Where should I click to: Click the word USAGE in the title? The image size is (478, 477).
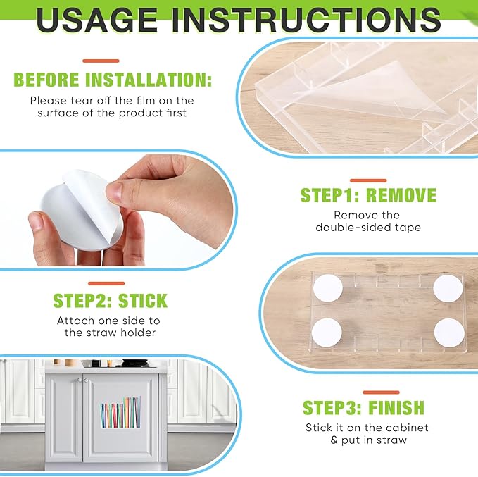pos(96,20)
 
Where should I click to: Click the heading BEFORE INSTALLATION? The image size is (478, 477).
pos(113,80)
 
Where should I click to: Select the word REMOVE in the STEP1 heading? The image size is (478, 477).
pos(401,195)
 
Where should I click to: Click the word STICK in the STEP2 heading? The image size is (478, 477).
pos(143,301)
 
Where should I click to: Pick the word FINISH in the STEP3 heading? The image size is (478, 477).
pos(396,407)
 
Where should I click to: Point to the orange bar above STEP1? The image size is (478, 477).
pos(368,180)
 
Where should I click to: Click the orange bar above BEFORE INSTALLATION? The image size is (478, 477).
pos(101,61)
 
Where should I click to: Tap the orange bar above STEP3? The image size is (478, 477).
pos(381,392)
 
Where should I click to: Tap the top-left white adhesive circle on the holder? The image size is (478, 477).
pos(328,289)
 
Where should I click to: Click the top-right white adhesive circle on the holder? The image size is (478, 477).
pos(448,288)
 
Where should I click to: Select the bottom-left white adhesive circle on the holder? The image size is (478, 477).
pos(327,333)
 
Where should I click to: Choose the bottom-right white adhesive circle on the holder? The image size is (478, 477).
pos(449,333)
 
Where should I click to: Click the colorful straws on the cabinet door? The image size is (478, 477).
pos(120,412)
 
